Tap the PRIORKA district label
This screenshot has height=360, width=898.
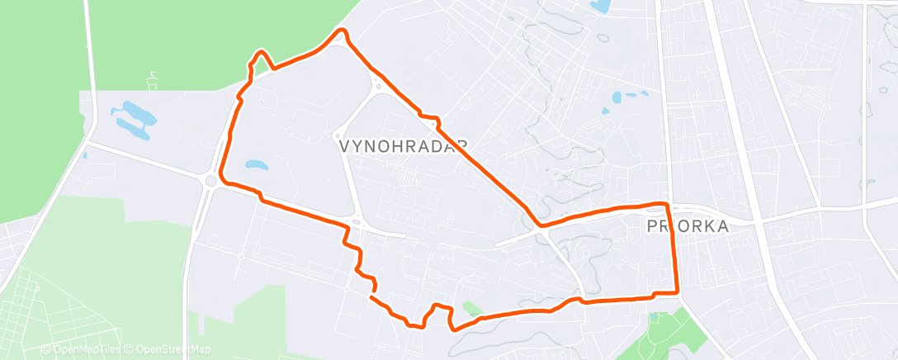(x=687, y=225)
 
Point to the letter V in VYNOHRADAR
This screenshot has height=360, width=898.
(x=345, y=145)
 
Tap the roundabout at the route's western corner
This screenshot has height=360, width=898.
(x=211, y=181)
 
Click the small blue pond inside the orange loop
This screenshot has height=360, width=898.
(x=255, y=164)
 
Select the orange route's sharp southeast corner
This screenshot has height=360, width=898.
(x=678, y=291)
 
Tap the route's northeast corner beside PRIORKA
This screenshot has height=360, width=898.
(x=664, y=203)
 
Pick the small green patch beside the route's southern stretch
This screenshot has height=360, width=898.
(x=471, y=309)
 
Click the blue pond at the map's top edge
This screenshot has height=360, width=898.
(x=600, y=7)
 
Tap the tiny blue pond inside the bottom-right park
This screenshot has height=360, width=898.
(x=654, y=316)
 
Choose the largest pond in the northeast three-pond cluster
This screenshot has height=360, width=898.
(x=617, y=97)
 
